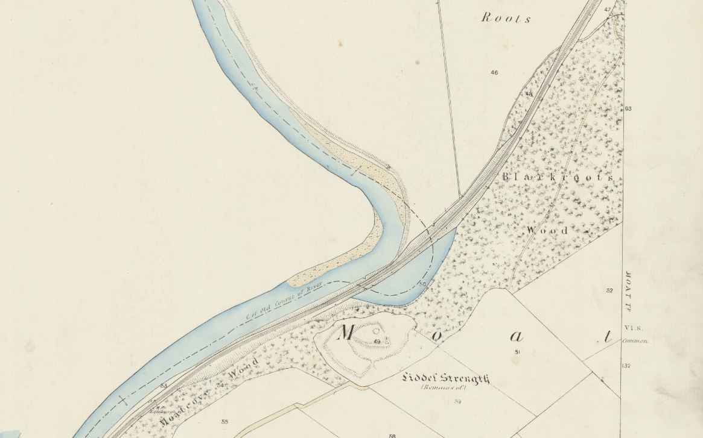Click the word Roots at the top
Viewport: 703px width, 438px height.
506,18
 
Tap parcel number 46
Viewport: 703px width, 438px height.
494,73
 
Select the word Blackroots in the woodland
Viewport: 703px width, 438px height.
557,178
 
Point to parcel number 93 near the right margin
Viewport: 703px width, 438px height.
628,108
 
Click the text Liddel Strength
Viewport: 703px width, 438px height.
446,378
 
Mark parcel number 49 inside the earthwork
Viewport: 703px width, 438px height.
377,342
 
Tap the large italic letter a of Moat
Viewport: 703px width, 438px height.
500,337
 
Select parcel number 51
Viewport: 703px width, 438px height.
517,352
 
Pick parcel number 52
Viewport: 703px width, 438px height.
609,291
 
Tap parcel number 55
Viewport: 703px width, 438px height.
224,422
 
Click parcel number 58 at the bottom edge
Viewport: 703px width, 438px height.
392,435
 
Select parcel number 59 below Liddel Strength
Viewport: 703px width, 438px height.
458,401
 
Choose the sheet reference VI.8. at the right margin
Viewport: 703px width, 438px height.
637,328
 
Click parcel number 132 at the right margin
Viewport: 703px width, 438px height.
626,366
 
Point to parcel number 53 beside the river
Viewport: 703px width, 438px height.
164,386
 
